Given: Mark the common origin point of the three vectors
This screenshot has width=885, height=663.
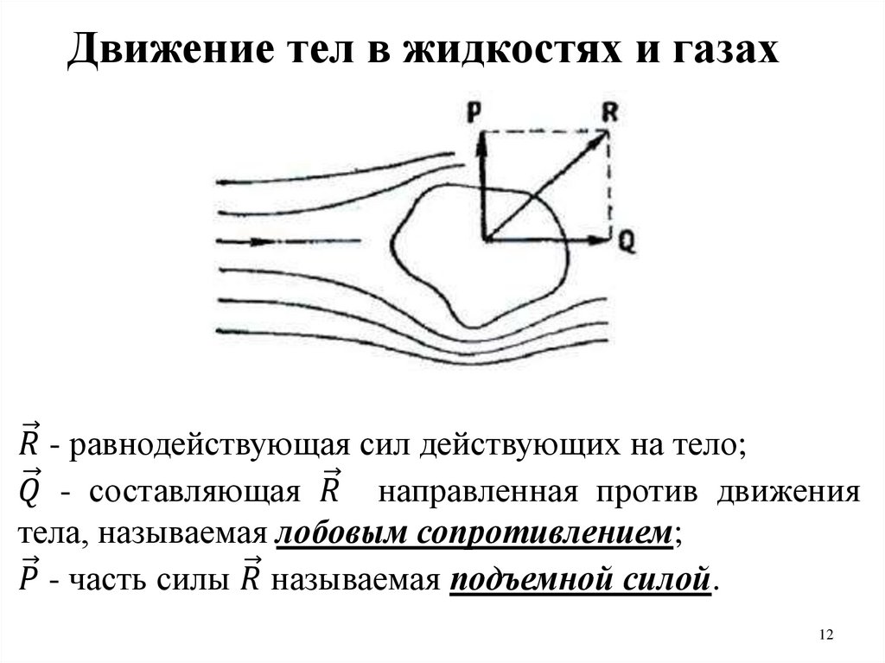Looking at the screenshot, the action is pyautogui.click(x=484, y=238).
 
